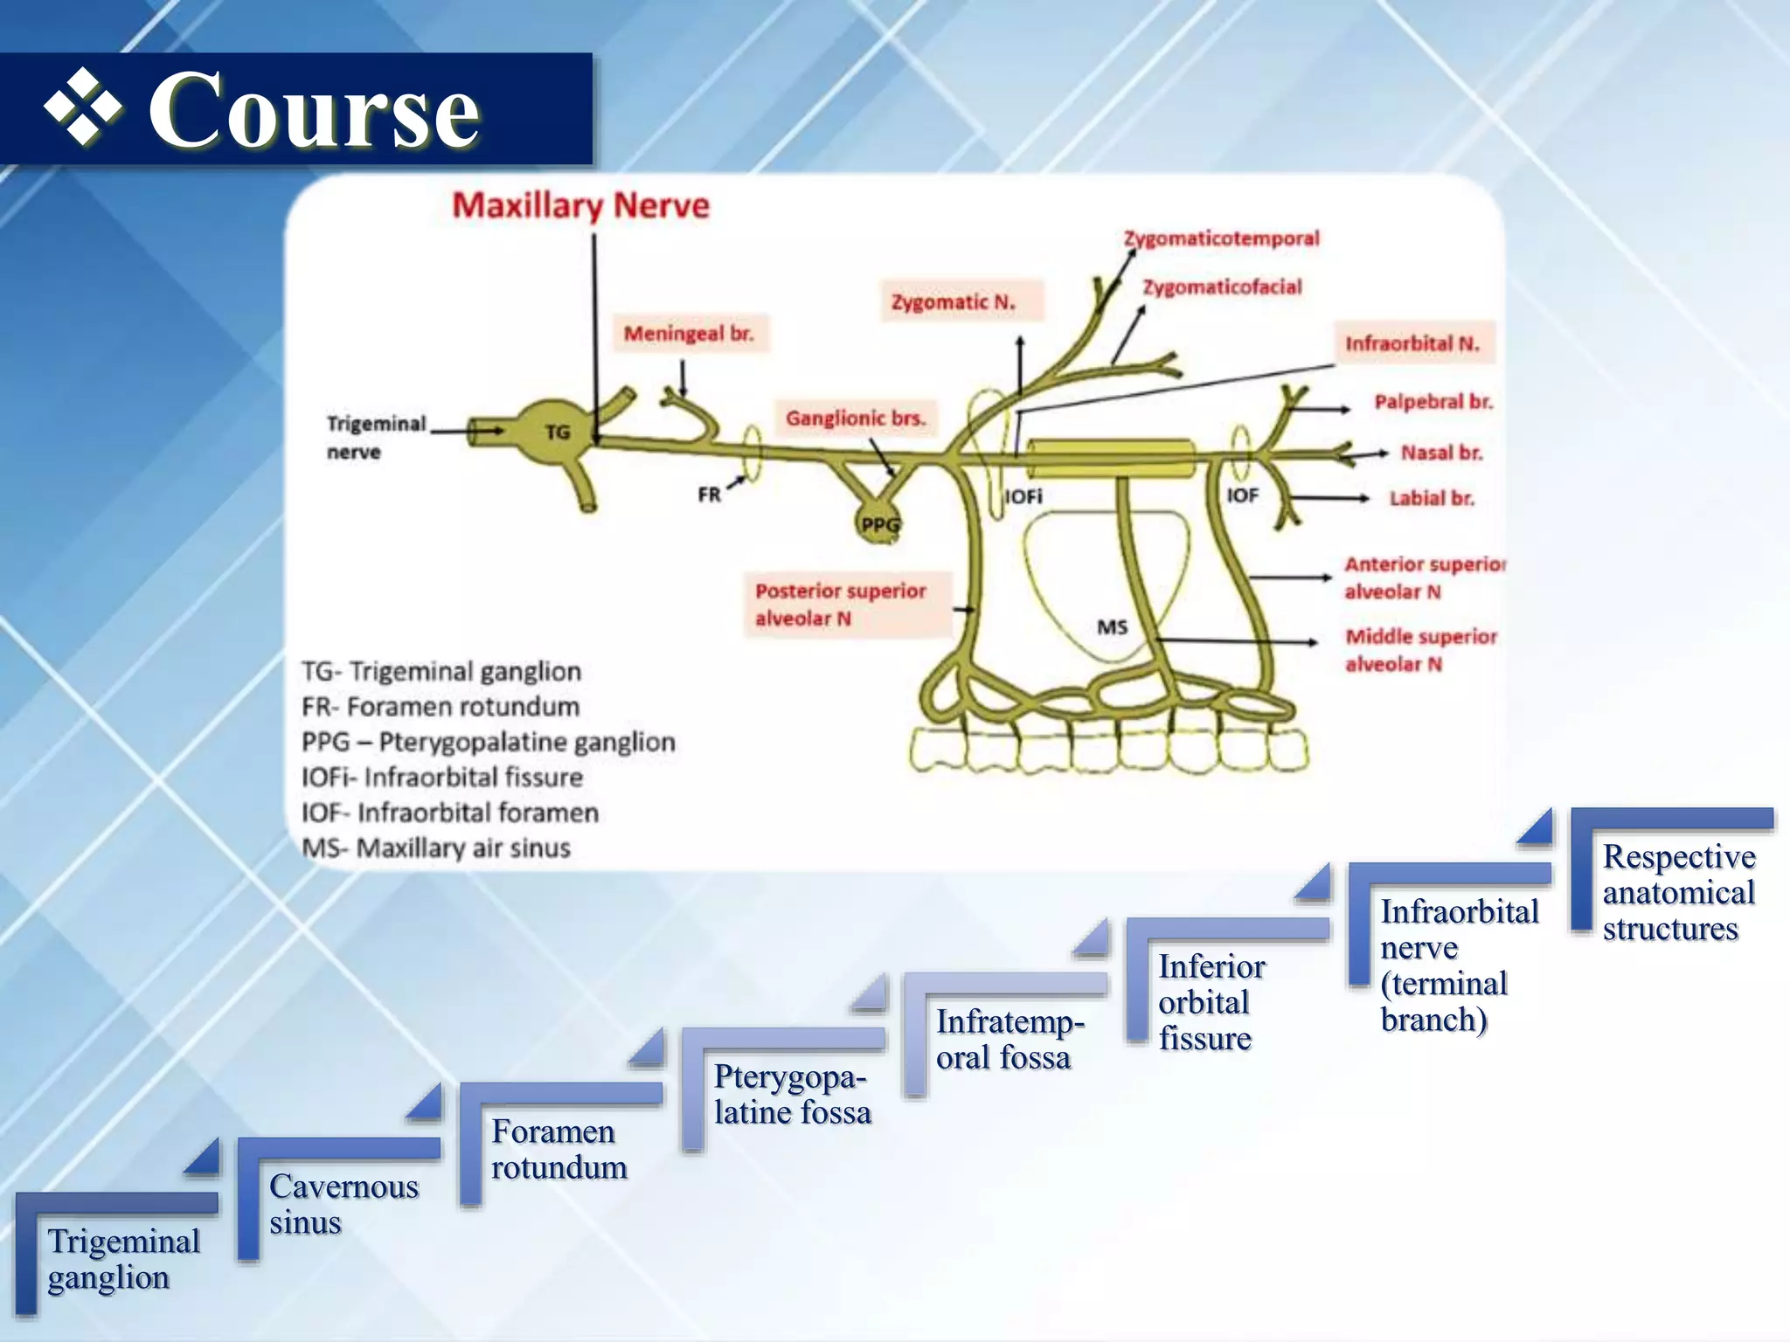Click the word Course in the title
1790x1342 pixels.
tap(314, 111)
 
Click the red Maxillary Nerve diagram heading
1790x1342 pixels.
tap(580, 206)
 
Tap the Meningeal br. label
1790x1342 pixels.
tap(689, 334)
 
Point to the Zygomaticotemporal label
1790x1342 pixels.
tap(1221, 239)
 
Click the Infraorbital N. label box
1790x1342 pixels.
tap(1412, 343)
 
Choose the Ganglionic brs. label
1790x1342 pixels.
tap(855, 419)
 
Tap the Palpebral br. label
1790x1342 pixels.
tap(1433, 402)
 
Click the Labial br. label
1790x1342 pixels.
tap(1432, 498)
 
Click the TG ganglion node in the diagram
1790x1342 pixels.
tap(557, 432)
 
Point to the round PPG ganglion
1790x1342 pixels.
tap(878, 523)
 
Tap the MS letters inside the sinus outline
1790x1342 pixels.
tap(1112, 627)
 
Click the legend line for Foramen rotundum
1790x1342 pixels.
tap(441, 707)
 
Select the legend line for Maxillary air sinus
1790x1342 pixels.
tap(436, 847)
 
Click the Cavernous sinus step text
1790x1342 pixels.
tap(343, 1204)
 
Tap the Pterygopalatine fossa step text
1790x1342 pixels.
tap(792, 1095)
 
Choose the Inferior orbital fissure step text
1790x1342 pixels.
tap(1211, 1002)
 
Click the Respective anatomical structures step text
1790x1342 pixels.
tap(1678, 892)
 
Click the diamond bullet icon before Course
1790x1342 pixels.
tap(84, 107)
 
